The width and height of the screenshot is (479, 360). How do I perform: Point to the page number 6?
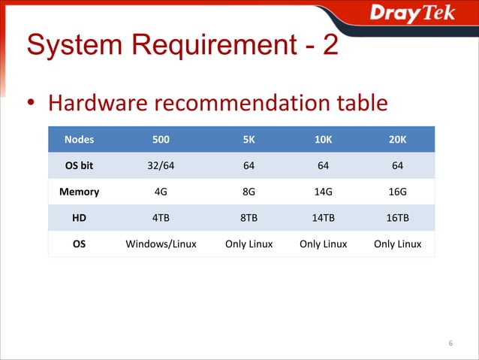450,343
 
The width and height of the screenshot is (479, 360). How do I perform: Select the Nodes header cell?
79,139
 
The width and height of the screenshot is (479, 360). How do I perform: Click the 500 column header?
161,139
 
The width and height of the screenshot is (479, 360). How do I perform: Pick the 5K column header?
249,139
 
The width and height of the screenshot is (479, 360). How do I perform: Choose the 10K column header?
323,139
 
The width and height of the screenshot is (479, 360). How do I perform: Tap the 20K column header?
397,139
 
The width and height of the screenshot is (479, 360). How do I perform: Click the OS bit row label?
79,165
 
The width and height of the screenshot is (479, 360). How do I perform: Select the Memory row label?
79,192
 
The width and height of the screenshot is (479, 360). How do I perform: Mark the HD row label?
79,218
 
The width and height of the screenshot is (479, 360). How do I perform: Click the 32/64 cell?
161,165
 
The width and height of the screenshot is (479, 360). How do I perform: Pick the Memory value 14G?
323,192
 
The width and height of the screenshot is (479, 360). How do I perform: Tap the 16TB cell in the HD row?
397,218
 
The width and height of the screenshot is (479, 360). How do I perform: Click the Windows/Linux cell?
161,244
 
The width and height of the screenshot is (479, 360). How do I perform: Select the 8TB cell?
249,218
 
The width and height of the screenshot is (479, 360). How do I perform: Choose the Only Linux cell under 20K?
397,244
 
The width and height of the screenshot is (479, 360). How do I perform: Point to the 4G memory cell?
161,192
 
